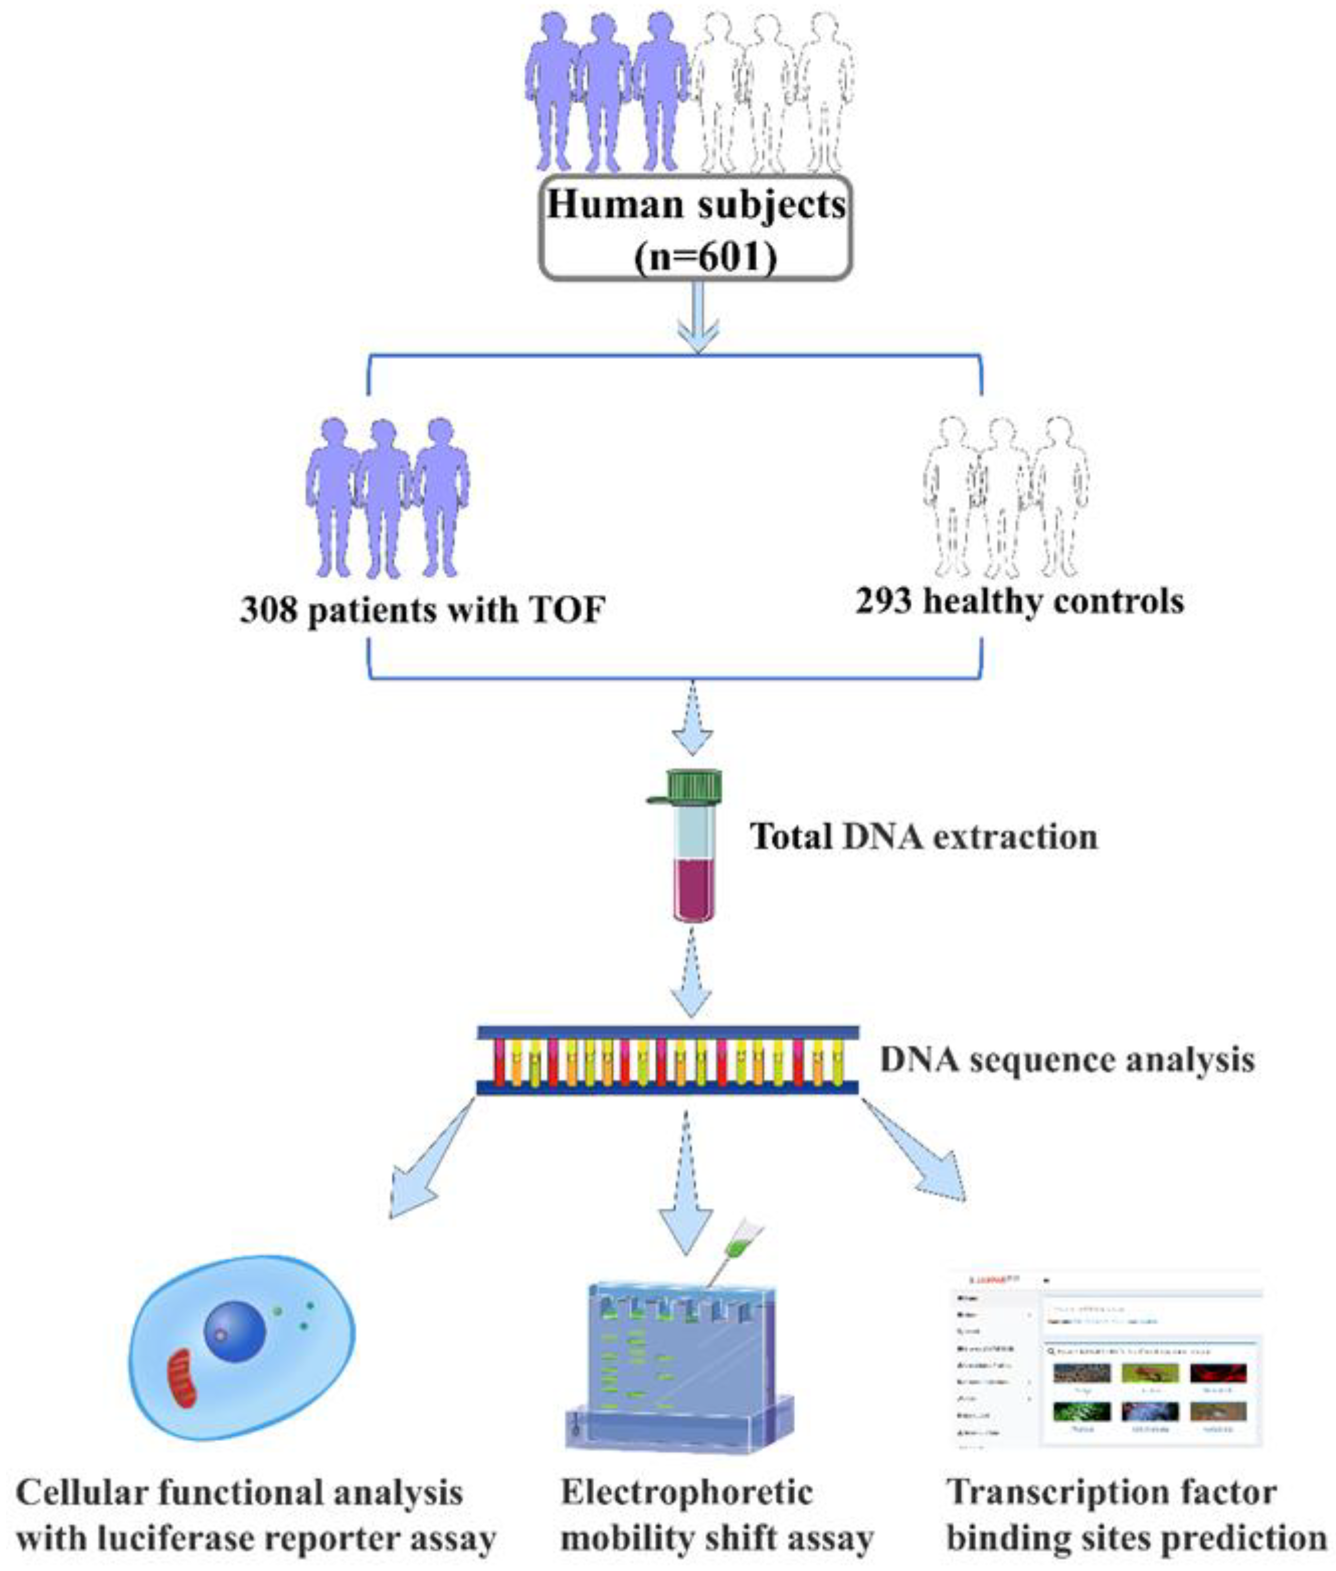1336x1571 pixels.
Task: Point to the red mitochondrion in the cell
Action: click(182, 1377)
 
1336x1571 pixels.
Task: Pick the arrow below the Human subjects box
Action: click(698, 318)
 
